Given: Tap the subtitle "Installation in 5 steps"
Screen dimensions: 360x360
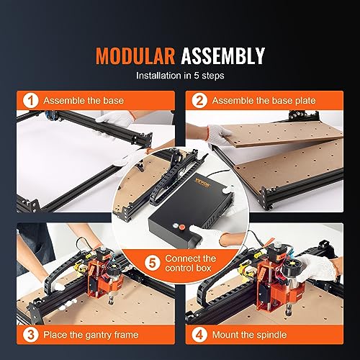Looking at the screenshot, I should click(180, 74).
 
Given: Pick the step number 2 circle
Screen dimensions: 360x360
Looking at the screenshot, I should click(199, 102).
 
